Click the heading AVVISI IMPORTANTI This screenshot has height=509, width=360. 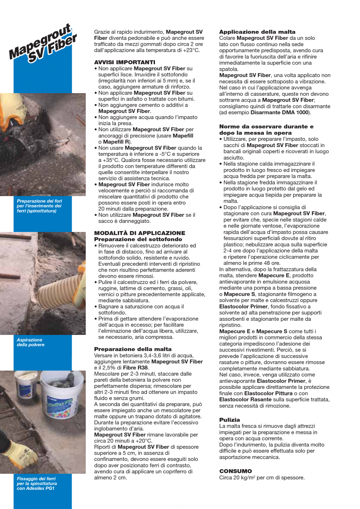(124, 62)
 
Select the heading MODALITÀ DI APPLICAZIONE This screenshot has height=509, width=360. (140, 233)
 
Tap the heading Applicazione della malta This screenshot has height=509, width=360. (257, 32)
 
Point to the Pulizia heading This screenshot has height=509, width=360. (229, 419)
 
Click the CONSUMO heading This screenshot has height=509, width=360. (235, 471)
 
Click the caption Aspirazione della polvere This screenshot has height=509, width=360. (31, 342)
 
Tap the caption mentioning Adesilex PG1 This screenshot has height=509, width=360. (36, 483)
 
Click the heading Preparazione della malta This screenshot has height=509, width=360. (133, 349)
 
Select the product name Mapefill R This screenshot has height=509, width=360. (117, 141)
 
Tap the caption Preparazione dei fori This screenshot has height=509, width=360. (39, 206)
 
